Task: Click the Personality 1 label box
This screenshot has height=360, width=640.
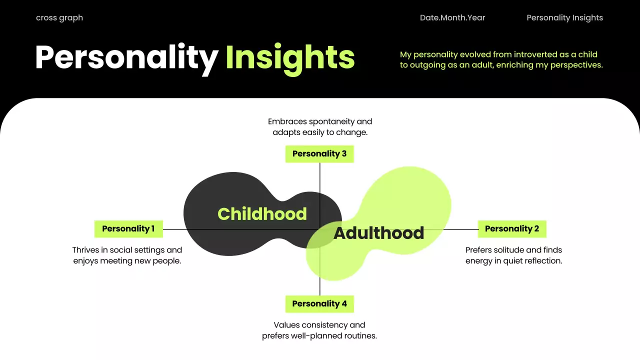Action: tap(128, 229)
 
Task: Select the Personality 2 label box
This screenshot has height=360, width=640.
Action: tap(512, 229)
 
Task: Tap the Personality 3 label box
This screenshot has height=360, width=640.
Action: tap(319, 154)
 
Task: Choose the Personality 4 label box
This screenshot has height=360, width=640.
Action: tap(319, 304)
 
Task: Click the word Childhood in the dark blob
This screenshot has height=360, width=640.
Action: tap(262, 214)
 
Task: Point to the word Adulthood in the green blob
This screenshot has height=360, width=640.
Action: tap(378, 233)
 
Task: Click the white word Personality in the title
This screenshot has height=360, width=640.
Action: tap(126, 57)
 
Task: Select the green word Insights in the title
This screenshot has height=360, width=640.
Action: tap(290, 57)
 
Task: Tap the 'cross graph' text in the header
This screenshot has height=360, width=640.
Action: tap(59, 18)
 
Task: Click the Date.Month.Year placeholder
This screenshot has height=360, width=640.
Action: tap(452, 18)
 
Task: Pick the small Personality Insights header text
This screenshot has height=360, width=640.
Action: tap(564, 18)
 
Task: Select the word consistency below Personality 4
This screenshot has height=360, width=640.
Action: tap(329, 325)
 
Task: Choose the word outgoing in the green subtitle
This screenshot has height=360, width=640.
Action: tap(428, 65)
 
